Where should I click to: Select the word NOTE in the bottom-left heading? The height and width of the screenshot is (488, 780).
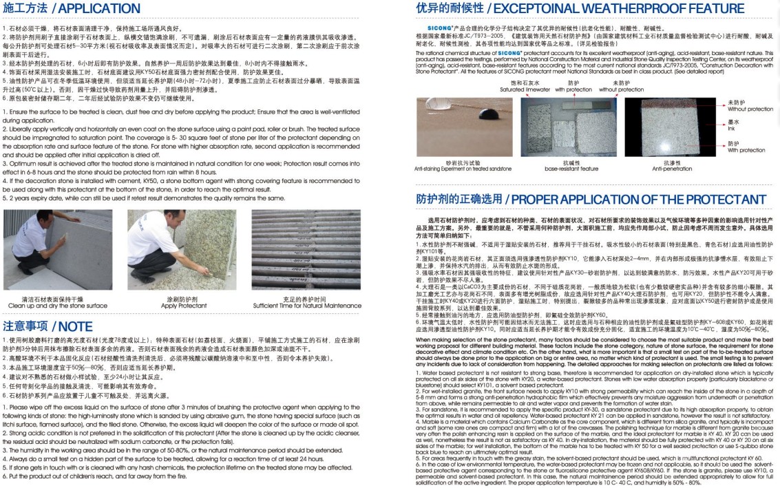click(x=76, y=326)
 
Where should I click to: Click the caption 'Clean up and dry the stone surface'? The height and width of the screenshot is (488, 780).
click(x=57, y=306)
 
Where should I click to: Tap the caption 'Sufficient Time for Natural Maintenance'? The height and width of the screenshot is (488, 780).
click(x=307, y=306)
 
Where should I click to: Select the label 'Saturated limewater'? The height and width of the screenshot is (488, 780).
click(x=525, y=89)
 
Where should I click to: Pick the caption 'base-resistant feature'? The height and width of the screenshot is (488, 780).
click(x=571, y=169)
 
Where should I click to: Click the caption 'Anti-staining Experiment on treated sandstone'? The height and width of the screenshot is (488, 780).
click(x=463, y=169)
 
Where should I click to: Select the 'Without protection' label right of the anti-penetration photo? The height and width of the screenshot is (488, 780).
click(x=750, y=109)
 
